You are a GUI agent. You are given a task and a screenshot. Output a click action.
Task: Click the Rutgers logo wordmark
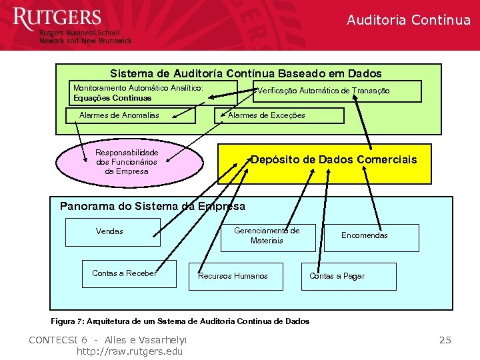pyautogui.click(x=57, y=18)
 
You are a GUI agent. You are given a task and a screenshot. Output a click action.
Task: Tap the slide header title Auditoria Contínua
pyautogui.click(x=408, y=20)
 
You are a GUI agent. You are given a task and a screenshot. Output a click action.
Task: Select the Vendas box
pyautogui.click(x=110, y=232)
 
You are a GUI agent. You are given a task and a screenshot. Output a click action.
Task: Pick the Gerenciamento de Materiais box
pyautogui.click(x=267, y=236)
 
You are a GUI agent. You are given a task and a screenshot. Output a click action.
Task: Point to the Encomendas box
pyautogui.click(x=371, y=236)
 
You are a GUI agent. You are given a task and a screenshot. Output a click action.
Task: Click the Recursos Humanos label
pyautogui.click(x=233, y=276)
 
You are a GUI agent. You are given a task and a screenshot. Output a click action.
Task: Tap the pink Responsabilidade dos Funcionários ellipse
pyautogui.click(x=127, y=162)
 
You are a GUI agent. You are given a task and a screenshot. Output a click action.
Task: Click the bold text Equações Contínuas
pyautogui.click(x=113, y=98)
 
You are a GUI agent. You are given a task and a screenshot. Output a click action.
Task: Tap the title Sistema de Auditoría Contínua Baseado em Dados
pyautogui.click(x=245, y=73)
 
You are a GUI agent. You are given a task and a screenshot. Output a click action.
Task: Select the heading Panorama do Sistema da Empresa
pyautogui.click(x=153, y=207)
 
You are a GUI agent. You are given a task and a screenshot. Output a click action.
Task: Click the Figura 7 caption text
pyautogui.click(x=180, y=321)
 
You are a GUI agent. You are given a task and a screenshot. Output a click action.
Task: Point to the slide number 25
pyautogui.click(x=445, y=341)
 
